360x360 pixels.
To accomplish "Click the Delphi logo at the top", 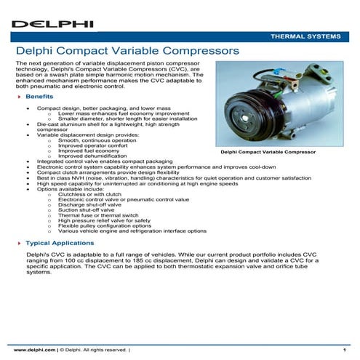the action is point(52,23).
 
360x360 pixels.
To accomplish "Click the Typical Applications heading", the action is point(60,242).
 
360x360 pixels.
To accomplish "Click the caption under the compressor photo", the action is point(268,153).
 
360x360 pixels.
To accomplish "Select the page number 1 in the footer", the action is point(343,351).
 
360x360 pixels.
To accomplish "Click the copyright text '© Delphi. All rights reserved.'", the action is point(95,351).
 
